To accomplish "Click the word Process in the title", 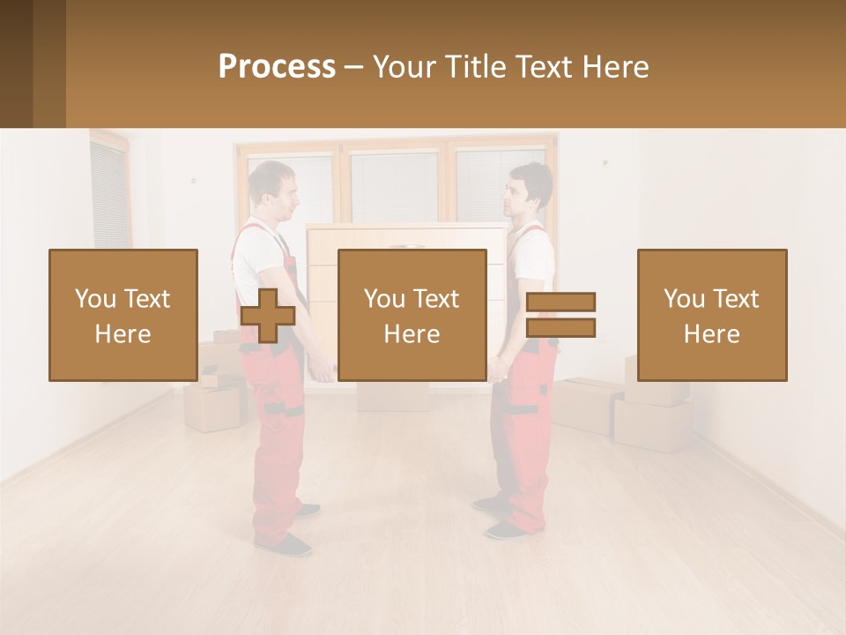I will pos(277,67).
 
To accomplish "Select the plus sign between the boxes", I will pos(267,316).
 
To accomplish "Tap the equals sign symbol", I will pos(560,315).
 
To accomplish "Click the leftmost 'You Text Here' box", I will pos(122,315).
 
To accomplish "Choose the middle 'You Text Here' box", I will pos(412,315).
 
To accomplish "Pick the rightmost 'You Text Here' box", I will pos(711,315).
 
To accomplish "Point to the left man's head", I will pos(268,190).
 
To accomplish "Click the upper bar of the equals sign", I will pos(560,303).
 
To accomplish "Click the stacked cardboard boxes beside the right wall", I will pos(652,406).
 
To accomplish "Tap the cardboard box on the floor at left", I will pos(211,407).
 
